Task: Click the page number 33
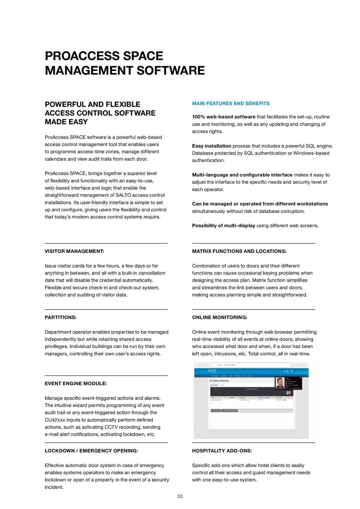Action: click(180, 496)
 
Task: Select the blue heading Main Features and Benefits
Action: click(231, 103)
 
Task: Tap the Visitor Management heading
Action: click(74, 251)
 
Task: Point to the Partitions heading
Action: click(61, 317)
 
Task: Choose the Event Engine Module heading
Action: click(76, 383)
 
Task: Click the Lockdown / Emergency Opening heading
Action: click(91, 451)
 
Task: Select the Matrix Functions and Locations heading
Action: click(239, 251)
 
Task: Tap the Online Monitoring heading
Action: click(219, 317)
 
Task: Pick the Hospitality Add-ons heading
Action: click(222, 451)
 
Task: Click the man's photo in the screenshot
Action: click(280, 383)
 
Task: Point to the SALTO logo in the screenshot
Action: click(212, 371)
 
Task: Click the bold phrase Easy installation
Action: click(211, 146)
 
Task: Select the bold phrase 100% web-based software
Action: click(224, 117)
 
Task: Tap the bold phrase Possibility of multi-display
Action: click(224, 226)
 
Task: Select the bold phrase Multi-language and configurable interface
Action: click(242, 175)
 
